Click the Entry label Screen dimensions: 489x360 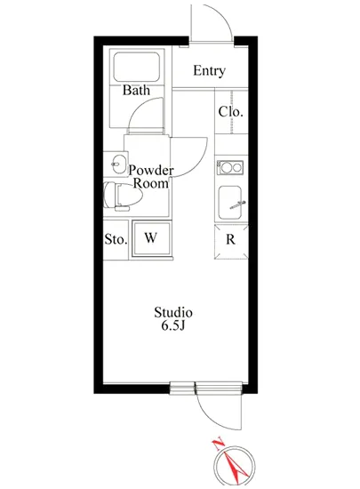tap(209, 71)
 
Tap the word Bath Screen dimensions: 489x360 tap(136, 90)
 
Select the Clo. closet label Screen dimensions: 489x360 tap(230, 113)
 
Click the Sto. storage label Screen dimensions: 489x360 tap(116, 238)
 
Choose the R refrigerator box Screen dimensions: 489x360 tap(230, 238)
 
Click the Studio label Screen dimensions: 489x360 tap(173, 313)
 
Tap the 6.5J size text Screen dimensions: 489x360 tap(173, 327)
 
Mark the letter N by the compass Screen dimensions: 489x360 tap(216, 442)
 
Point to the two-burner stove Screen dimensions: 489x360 tap(230, 166)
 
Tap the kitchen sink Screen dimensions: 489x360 tap(231, 204)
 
